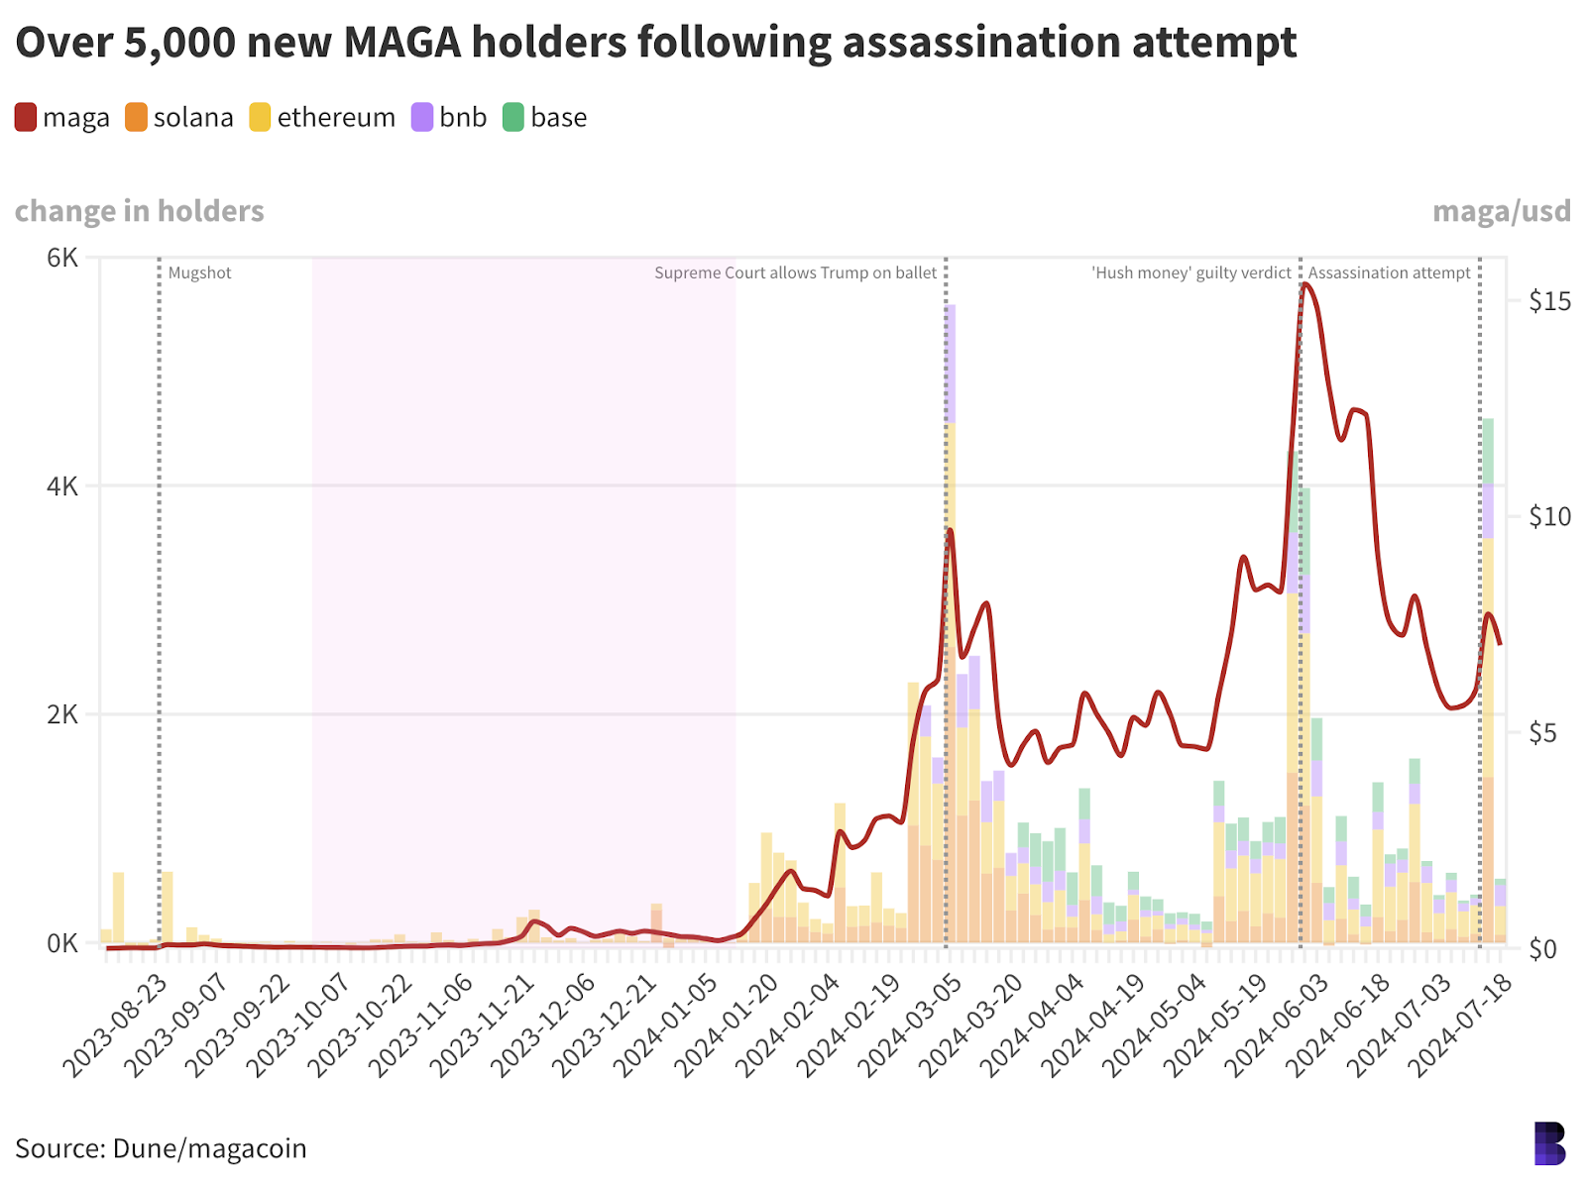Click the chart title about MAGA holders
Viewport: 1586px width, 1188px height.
pyautogui.click(x=655, y=43)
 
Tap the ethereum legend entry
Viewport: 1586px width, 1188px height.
pyautogui.click(x=322, y=118)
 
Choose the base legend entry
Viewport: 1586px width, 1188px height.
pyautogui.click(x=545, y=118)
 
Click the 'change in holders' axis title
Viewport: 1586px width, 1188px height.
pyautogui.click(x=140, y=211)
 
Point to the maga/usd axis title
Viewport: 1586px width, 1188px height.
pyautogui.click(x=1501, y=211)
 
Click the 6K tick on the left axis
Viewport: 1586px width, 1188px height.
pyautogui.click(x=62, y=258)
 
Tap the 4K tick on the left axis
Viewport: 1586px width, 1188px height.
pyautogui.click(x=62, y=486)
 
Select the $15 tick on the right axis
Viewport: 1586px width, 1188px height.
pyautogui.click(x=1549, y=301)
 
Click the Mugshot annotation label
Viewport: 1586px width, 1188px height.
pyautogui.click(x=199, y=273)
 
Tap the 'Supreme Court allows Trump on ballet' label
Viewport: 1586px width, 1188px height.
pyautogui.click(x=795, y=273)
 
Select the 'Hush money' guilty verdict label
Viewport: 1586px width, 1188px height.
pyautogui.click(x=1191, y=273)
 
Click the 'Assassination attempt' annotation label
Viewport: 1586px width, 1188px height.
pyautogui.click(x=1389, y=273)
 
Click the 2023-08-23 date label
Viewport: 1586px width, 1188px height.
pyautogui.click(x=114, y=1025)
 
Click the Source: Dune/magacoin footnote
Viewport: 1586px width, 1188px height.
pyautogui.click(x=161, y=1148)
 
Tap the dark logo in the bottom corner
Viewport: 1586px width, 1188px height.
pyautogui.click(x=1549, y=1142)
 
